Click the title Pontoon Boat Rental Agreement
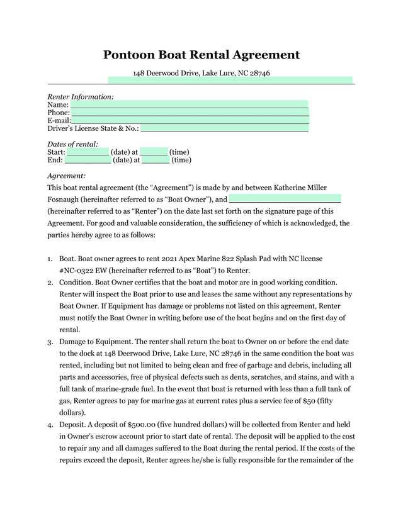(x=201, y=55)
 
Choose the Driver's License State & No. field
(x=224, y=128)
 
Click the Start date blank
(x=88, y=152)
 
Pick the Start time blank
(x=154, y=152)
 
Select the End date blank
(x=88, y=160)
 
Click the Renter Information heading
(x=81, y=96)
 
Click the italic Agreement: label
(x=67, y=176)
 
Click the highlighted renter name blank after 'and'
(x=285, y=199)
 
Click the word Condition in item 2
(x=77, y=281)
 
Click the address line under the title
(x=201, y=74)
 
